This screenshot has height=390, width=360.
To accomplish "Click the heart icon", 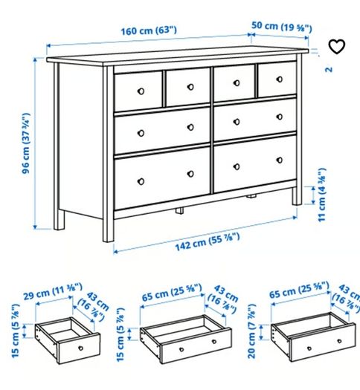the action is pyautogui.click(x=337, y=47).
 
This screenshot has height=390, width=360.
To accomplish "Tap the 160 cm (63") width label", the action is pyautogui.click(x=149, y=31).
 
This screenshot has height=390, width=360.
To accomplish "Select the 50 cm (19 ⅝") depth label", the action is pyautogui.click(x=282, y=27).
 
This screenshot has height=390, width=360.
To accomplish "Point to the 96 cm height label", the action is pyautogui.click(x=26, y=143).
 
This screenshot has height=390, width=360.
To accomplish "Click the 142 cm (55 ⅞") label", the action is pyautogui.click(x=208, y=241).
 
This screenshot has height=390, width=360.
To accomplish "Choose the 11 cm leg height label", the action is pyautogui.click(x=322, y=195).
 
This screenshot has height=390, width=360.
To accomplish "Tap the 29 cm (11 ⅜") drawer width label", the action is pyautogui.click(x=53, y=291).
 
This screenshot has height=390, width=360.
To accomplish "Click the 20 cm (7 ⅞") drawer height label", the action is pyautogui.click(x=252, y=331).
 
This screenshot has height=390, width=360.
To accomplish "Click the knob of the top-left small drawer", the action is pyautogui.click(x=141, y=91).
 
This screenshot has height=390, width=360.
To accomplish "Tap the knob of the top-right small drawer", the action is pyautogui.click(x=280, y=79).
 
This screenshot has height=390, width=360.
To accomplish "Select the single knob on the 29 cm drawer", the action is pyautogui.click(x=81, y=348).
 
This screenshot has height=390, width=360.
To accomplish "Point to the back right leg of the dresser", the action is pyautogui.click(x=297, y=196).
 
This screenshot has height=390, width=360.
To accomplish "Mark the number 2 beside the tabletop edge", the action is pyautogui.click(x=329, y=69).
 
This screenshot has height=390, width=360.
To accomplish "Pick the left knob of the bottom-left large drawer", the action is pyautogui.click(x=141, y=181).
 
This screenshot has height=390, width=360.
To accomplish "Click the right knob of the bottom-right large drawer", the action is pyautogui.click(x=280, y=160).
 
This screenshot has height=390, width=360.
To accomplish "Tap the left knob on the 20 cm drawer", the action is pyautogui.click(x=309, y=348).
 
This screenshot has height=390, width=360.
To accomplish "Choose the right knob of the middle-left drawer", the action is pyautogui.click(x=190, y=127).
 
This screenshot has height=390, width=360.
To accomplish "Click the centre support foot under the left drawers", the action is pyautogui.click(x=179, y=211).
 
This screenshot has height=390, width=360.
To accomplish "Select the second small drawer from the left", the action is pyautogui.click(x=188, y=87).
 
